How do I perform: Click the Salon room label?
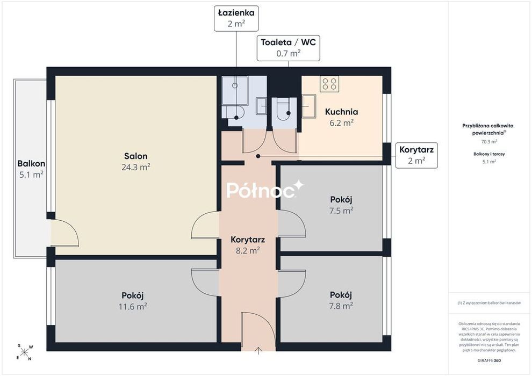tap(136, 156)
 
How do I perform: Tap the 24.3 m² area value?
tap(136, 167)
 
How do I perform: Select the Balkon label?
tap(31, 163)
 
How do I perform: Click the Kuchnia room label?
tap(341, 112)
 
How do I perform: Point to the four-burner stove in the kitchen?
tap(329, 84)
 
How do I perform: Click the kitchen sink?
tap(309, 106)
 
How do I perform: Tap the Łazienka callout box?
tap(236, 18)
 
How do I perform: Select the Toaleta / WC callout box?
tap(289, 48)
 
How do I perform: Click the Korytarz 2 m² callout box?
tap(416, 155)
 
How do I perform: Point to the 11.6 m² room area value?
tap(133, 307)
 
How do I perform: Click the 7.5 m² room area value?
tap(341, 211)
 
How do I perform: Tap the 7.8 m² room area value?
tap(341, 306)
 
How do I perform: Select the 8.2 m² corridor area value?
tap(248, 250)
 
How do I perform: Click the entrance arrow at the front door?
tap(258, 351)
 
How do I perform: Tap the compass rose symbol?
tap(24, 352)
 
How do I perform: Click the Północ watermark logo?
tap(265, 189)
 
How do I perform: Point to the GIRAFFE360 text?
tap(489, 360)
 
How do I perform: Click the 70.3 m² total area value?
tap(489, 142)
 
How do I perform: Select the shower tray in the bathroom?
tap(235, 91)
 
